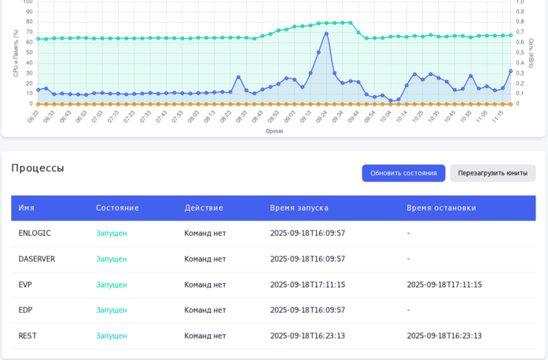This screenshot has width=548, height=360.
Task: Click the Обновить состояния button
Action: [x=403, y=173]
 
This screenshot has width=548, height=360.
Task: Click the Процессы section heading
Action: [x=38, y=167]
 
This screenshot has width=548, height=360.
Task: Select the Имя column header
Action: [x=27, y=208]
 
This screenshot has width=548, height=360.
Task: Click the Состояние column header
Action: [x=117, y=208]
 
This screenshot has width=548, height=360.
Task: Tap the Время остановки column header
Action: [x=441, y=208]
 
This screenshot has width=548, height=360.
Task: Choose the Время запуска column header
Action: [x=299, y=208]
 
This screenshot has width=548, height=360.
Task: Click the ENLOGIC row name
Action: [x=35, y=233]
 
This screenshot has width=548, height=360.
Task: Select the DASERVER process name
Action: [x=37, y=259]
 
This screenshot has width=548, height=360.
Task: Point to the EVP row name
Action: [x=25, y=285]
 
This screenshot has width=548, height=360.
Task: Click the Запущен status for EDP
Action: [x=111, y=310]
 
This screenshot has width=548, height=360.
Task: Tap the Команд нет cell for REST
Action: [x=204, y=336]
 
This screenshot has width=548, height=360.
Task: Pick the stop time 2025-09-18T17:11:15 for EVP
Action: [x=444, y=285]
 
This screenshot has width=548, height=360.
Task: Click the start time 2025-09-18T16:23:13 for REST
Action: [x=307, y=336]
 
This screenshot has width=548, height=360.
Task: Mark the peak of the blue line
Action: [x=326, y=33]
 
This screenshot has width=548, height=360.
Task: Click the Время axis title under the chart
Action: [x=274, y=131]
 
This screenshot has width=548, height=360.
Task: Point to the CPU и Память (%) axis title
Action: [x=16, y=53]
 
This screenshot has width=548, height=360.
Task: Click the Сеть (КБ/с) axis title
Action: [x=531, y=53]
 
